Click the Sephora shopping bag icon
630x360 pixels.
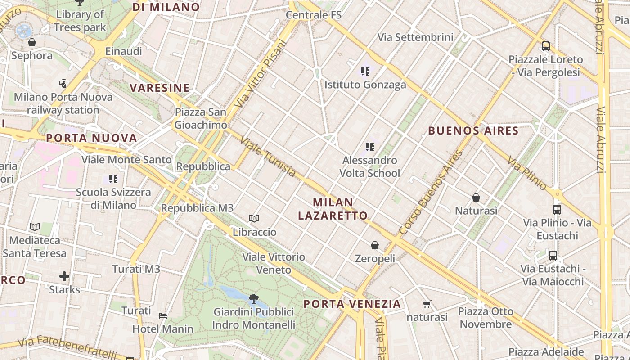click(32, 43)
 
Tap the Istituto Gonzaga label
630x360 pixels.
click(365, 85)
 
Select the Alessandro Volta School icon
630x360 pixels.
click(370, 147)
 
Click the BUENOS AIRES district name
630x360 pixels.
click(473, 131)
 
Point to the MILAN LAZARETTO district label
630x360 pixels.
click(333, 209)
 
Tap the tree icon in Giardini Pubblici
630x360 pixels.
click(254, 298)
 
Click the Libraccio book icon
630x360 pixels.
click(254, 219)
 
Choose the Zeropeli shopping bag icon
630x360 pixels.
click(375, 245)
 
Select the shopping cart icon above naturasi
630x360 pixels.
click(427, 304)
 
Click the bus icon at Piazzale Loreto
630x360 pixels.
click(546, 46)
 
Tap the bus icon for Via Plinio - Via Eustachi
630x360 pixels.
click(557, 209)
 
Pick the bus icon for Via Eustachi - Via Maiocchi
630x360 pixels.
click(553, 256)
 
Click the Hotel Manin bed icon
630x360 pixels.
click(163, 316)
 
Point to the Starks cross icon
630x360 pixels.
click(64, 276)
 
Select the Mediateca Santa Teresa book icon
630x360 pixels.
click(35, 227)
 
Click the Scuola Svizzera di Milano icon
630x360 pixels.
click(113, 179)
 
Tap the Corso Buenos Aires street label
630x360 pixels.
click(431, 193)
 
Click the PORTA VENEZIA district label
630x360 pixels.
click(352, 304)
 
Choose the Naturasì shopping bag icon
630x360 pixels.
click(476, 198)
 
